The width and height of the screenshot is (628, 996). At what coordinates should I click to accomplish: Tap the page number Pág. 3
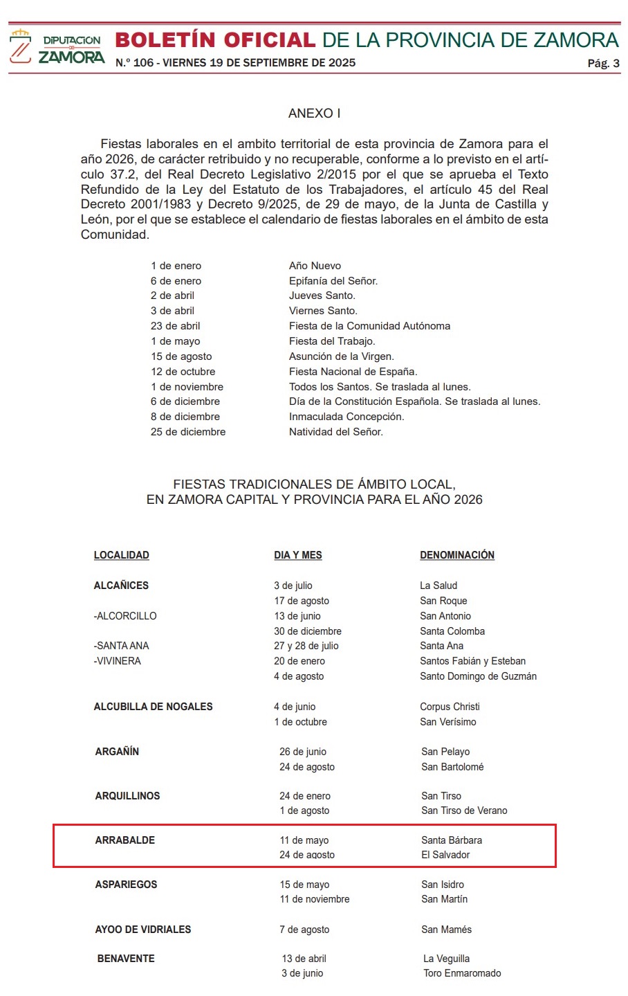(603, 64)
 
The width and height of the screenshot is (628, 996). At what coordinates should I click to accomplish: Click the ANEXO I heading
(314, 114)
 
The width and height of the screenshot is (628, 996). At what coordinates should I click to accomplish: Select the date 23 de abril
(176, 326)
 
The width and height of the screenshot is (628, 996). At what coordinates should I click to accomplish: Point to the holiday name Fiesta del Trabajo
(332, 341)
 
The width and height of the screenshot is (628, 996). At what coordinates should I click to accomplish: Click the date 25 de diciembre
(188, 432)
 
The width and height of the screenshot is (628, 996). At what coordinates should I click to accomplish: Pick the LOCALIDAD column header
(122, 555)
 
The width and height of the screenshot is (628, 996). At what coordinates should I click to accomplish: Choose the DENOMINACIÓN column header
(457, 555)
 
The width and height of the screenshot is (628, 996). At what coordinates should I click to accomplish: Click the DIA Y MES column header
(298, 555)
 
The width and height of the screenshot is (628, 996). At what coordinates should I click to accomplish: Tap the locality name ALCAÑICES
(121, 586)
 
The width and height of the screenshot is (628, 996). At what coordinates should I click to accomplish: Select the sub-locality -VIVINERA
(118, 661)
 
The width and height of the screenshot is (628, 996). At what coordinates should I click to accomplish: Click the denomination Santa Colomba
(452, 631)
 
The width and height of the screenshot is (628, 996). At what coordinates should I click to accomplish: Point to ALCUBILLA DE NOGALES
(153, 707)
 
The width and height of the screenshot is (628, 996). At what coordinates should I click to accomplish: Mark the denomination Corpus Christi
(450, 707)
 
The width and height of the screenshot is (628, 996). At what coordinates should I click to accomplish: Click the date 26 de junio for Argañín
(303, 752)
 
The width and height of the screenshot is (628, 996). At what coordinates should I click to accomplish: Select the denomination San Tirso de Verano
(464, 811)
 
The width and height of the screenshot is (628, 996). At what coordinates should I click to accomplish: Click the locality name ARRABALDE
(125, 840)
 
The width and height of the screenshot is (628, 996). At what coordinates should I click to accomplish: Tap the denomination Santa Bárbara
(452, 840)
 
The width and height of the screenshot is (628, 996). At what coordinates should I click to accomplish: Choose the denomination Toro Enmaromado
(462, 973)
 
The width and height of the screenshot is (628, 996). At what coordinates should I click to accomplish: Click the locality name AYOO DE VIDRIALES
(143, 930)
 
